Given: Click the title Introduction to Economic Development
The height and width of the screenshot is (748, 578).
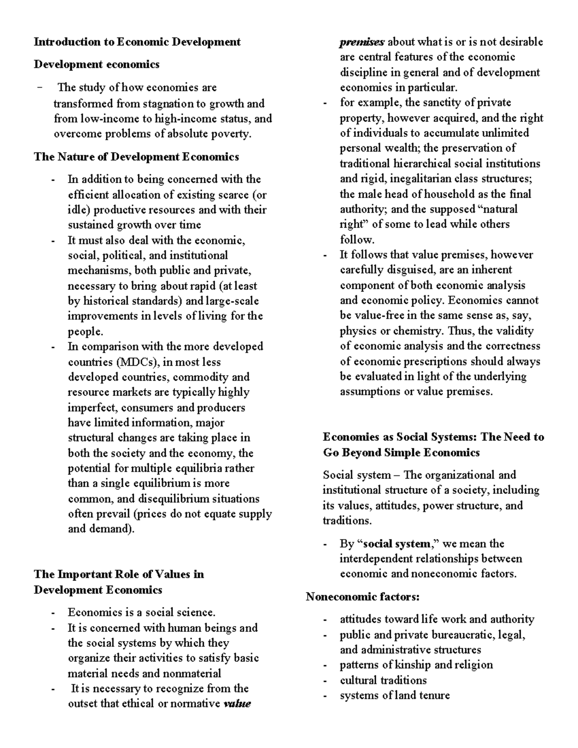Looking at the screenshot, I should pos(137,42).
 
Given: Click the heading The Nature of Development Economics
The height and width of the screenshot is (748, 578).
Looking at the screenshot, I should pos(136,157).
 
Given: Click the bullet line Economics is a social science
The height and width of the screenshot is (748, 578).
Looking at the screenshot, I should pos(141,612).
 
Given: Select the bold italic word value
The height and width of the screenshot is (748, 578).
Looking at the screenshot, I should pos(237,704).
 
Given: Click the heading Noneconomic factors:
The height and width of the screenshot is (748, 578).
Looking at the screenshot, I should pos(363,597).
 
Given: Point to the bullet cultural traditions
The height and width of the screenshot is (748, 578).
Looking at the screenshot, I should pos(383,680).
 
